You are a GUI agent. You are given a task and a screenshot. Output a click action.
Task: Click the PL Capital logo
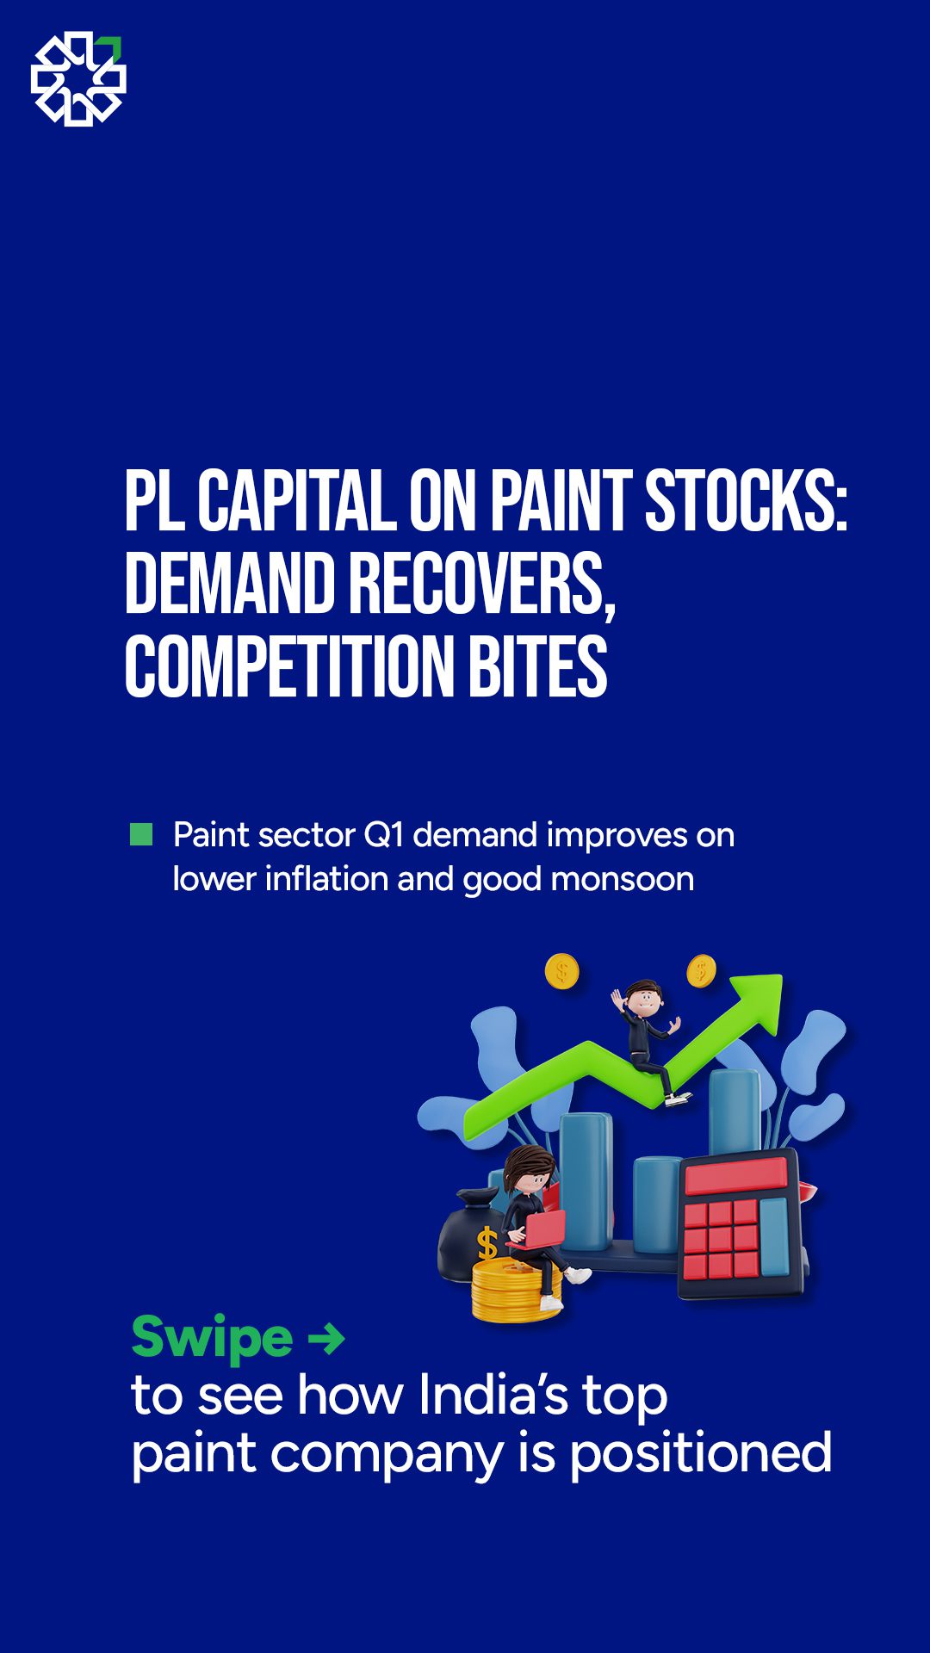point(78,78)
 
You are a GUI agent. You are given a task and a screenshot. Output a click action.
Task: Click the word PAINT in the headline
point(561,501)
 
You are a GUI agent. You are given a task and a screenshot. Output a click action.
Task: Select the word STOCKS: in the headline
point(747,501)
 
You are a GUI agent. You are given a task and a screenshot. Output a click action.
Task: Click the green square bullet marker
point(141,834)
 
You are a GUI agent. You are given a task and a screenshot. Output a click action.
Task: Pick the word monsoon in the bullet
point(622,879)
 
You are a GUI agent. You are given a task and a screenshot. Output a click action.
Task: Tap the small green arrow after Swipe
point(326,1339)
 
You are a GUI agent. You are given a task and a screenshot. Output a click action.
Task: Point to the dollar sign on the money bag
point(487,1244)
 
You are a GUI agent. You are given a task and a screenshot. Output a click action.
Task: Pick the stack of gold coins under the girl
point(515,1289)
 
